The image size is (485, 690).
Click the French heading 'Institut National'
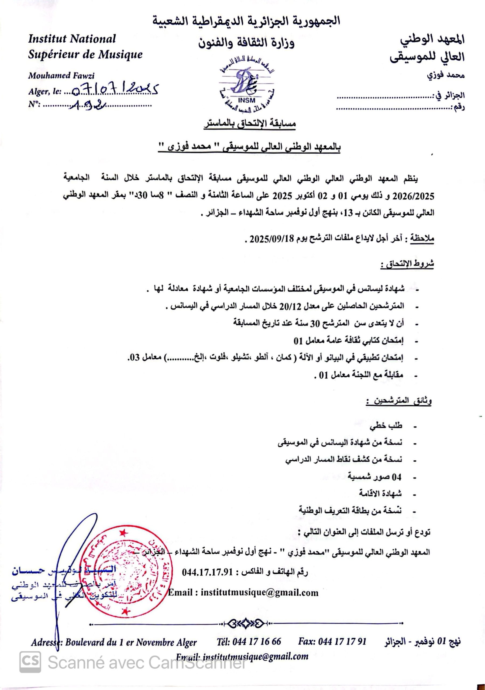coord(72,39)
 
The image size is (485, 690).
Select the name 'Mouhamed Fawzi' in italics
coord(61,75)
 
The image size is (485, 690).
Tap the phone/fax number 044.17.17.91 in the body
coord(208,572)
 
